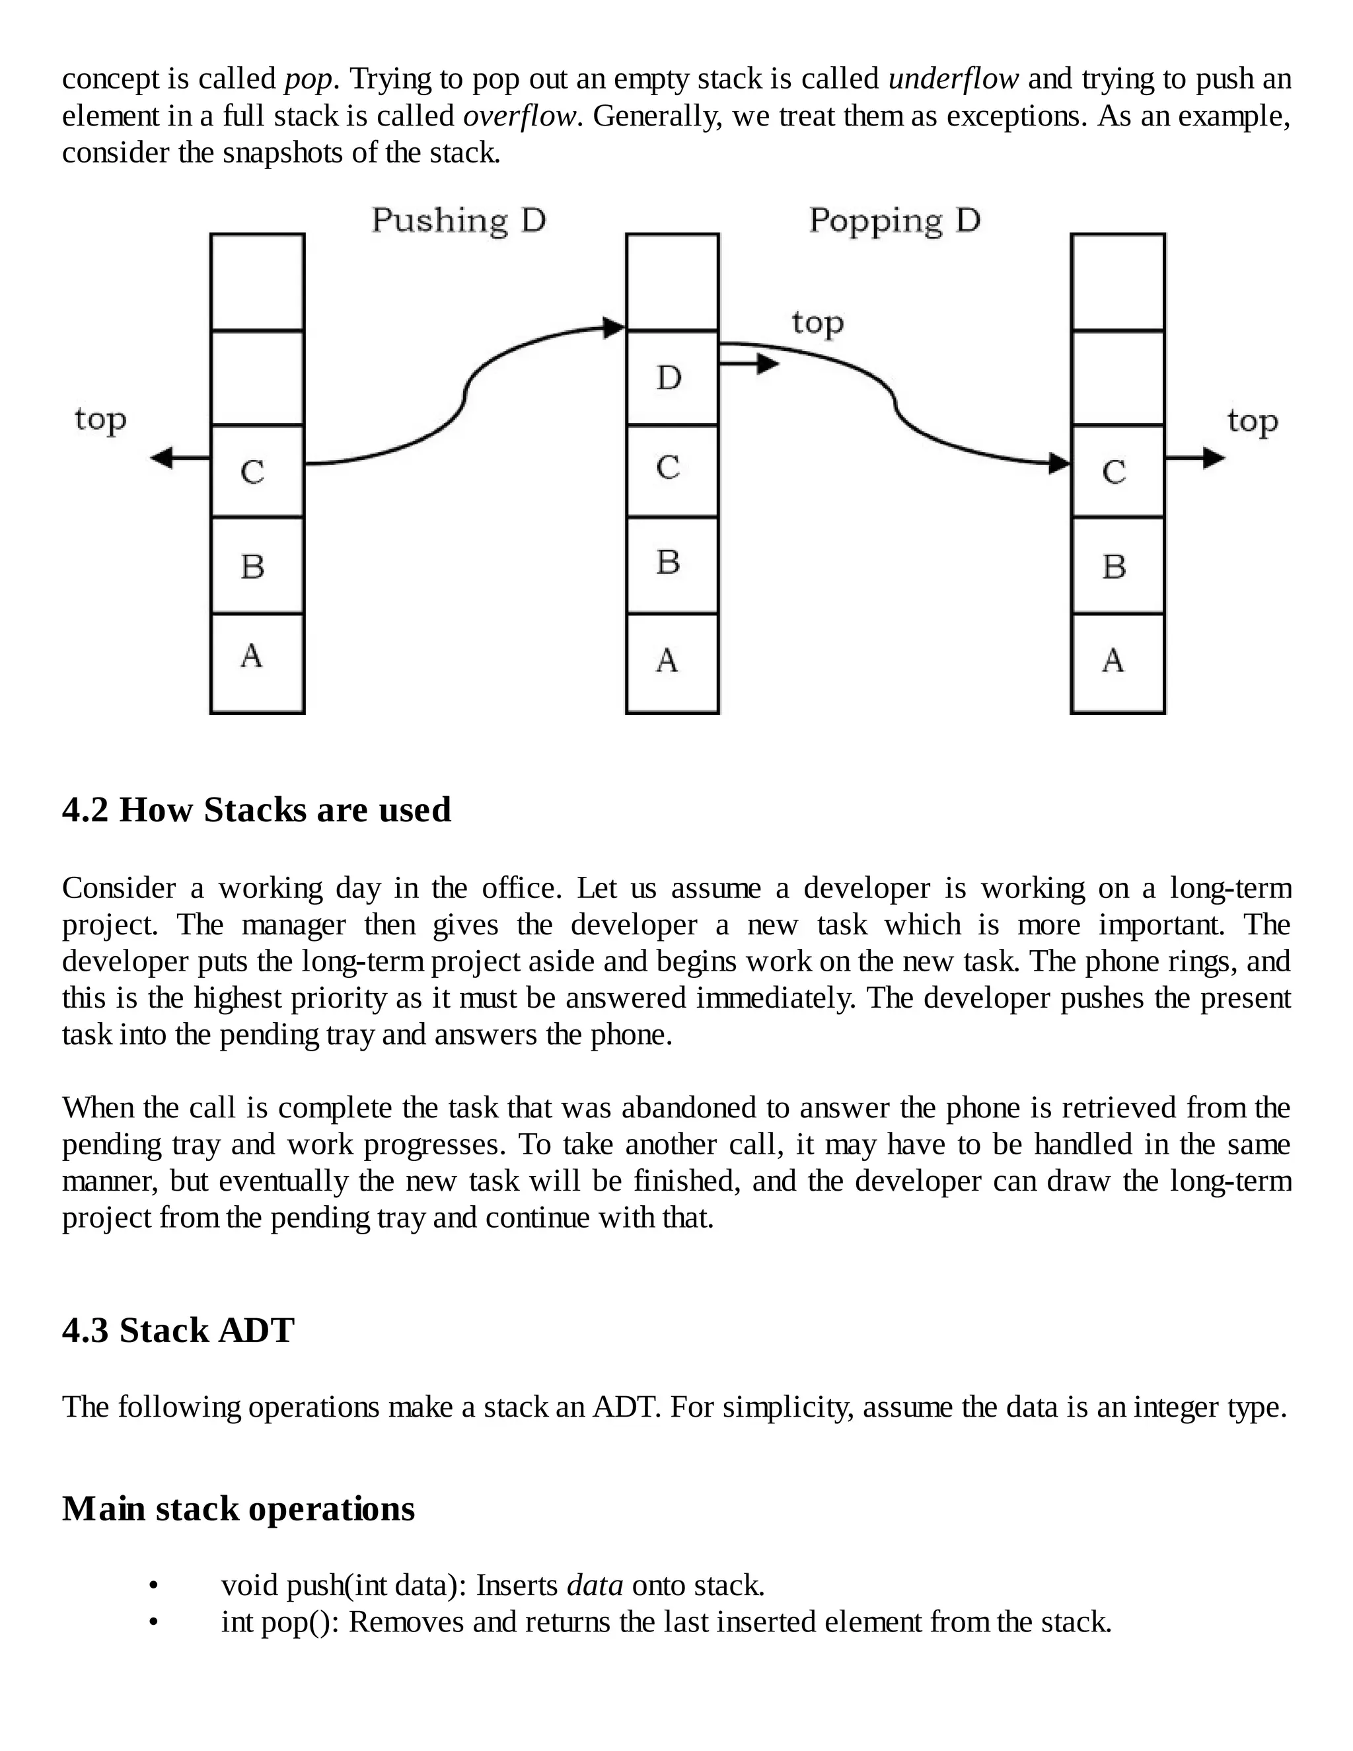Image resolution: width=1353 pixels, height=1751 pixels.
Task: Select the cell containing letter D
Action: click(672, 377)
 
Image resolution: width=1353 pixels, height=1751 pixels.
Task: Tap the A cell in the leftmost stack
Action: click(256, 662)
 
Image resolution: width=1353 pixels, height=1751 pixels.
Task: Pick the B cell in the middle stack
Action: click(672, 564)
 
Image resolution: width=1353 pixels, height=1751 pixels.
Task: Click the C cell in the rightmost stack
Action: click(1117, 471)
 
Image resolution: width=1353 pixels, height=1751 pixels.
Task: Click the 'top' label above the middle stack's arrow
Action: click(818, 322)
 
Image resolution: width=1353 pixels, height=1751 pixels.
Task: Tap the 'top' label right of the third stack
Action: click(1252, 420)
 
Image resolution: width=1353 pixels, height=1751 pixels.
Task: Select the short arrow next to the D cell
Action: click(749, 364)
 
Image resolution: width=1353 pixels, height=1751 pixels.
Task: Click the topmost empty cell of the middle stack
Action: click(672, 281)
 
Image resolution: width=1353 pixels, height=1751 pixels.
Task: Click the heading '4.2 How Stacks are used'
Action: click(256, 810)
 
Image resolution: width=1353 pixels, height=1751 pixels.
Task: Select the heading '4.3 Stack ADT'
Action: click(178, 1330)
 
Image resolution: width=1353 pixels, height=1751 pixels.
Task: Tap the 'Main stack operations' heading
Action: click(238, 1508)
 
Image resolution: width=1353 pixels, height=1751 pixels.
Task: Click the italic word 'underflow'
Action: click(953, 79)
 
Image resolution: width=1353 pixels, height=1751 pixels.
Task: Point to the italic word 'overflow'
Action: click(520, 116)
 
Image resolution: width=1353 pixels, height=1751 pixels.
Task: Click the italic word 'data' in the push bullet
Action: click(594, 1585)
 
